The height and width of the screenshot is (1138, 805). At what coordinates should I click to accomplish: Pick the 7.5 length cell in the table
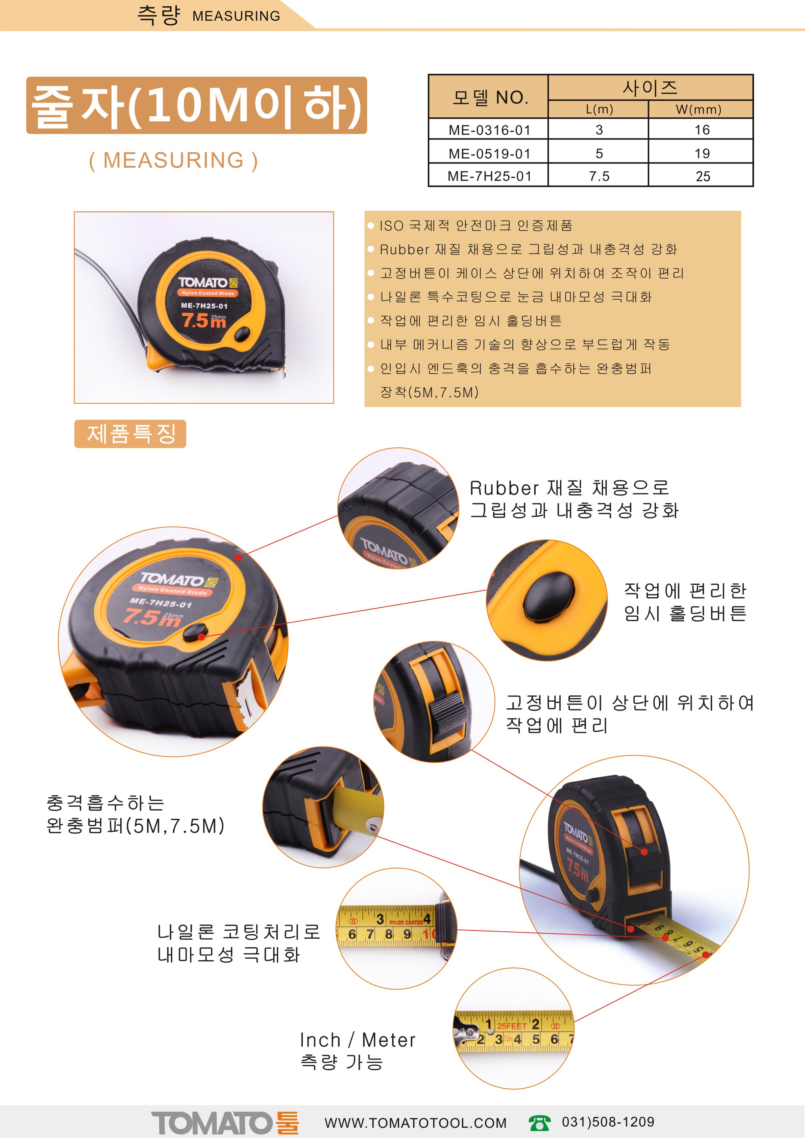599,176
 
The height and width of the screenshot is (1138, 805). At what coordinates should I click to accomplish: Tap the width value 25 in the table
702,176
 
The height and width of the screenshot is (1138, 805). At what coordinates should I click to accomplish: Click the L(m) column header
599,109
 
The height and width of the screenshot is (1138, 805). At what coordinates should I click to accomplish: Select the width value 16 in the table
702,130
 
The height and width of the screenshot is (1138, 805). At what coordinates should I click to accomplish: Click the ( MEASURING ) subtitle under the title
174,160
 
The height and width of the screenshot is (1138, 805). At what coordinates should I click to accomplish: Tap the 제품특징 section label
130,434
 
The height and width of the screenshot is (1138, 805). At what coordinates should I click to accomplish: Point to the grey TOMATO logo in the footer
212,1122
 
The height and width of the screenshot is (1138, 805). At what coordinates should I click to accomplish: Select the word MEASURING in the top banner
236,16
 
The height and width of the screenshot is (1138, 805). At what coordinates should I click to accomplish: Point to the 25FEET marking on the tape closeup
512,1026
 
